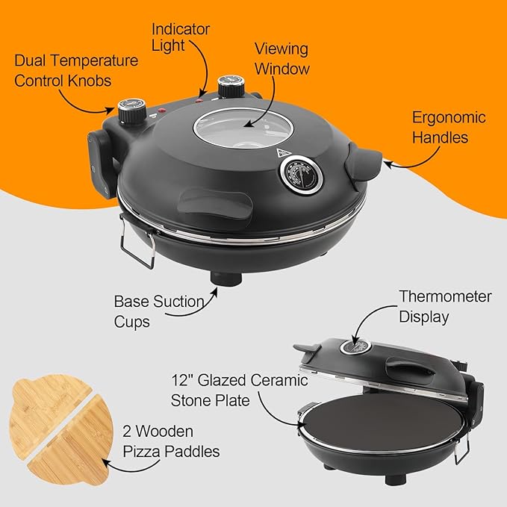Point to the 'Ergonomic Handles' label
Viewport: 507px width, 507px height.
448,127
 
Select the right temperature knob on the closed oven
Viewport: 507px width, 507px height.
226,85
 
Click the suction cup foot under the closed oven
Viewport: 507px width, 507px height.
223,278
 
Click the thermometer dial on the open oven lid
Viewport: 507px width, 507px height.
357,346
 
